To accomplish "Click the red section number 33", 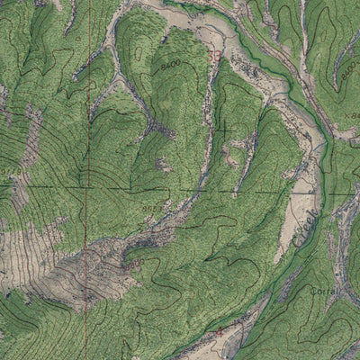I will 214,56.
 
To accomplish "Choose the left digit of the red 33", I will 211,56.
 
